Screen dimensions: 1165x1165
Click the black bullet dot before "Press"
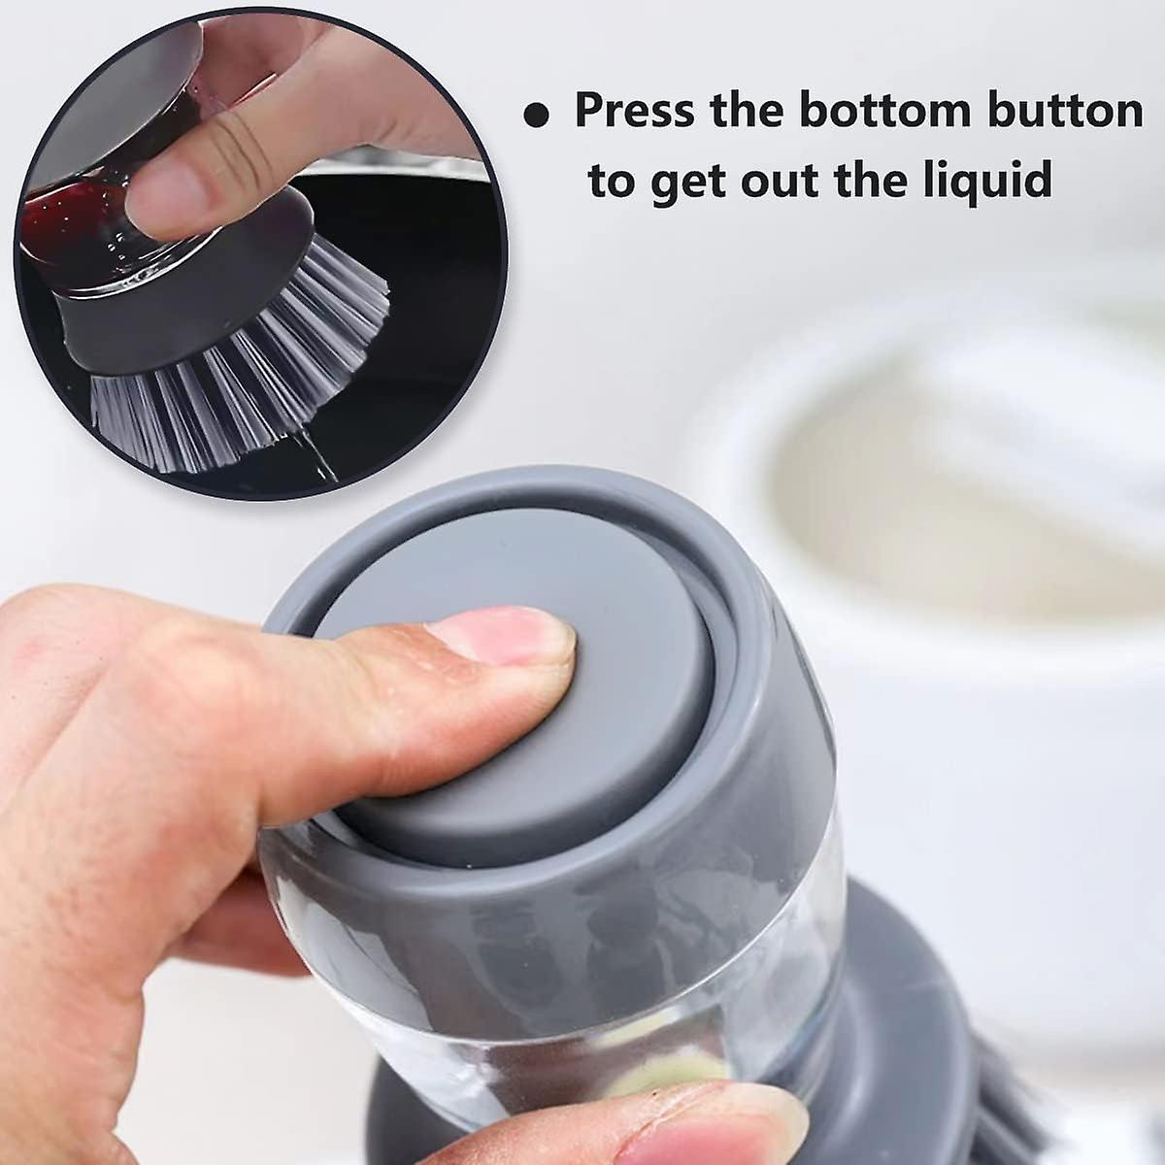point(538,115)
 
